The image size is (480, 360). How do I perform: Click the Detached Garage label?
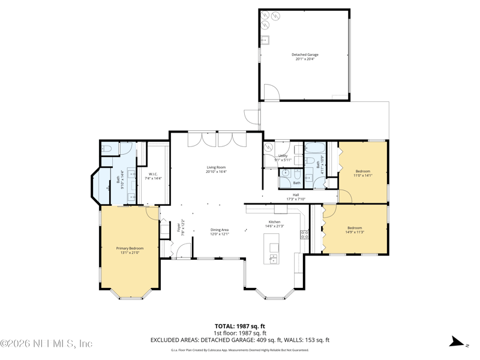[x=305, y=55]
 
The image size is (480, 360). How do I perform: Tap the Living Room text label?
[x=216, y=167]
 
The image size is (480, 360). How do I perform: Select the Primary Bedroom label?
[x=130, y=248]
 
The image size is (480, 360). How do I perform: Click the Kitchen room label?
[x=274, y=221]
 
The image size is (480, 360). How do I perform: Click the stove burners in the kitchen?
[x=305, y=234]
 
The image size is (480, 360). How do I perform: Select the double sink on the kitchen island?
[x=274, y=259]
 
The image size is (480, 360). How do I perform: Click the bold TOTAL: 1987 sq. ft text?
[x=240, y=326]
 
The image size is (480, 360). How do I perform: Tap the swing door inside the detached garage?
[x=271, y=92]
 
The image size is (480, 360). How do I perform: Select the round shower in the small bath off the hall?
[x=286, y=173]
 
